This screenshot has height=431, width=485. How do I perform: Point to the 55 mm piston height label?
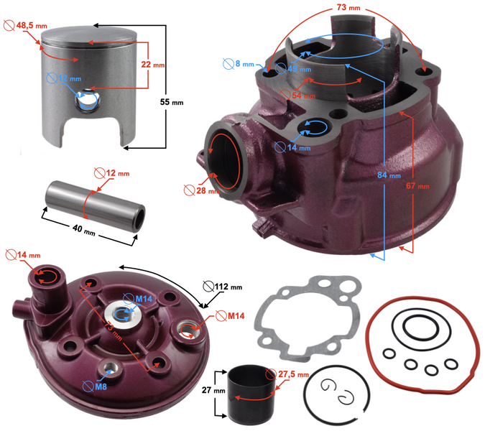coord(171,103)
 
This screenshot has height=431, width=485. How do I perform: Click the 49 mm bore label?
coord(296,70)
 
